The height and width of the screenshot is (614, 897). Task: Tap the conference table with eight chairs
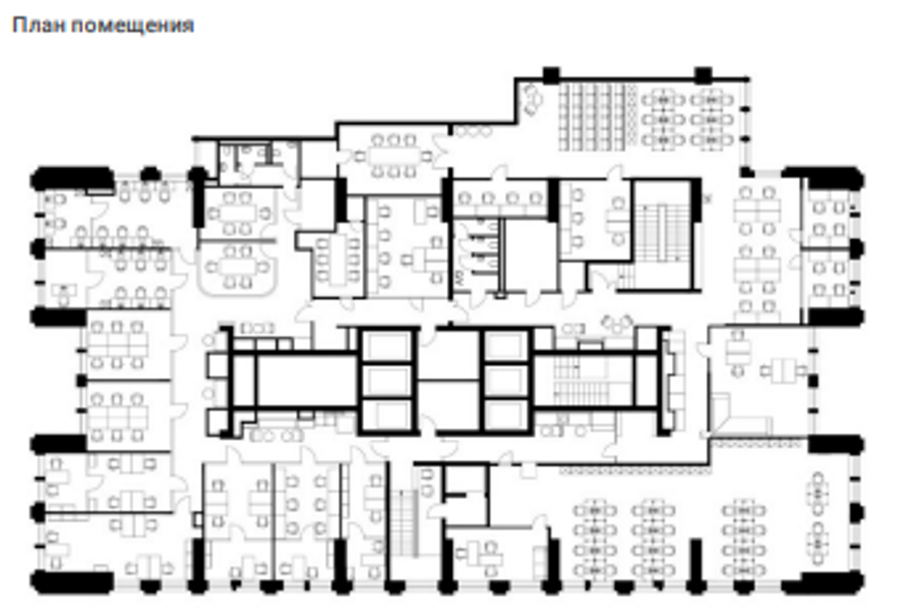[x=393, y=156]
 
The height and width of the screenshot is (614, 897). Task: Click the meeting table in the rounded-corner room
[x=238, y=267]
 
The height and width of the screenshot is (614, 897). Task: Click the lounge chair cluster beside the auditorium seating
[x=532, y=98]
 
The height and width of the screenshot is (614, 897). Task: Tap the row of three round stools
[x=473, y=131]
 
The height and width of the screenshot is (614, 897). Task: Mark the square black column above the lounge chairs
[x=550, y=75]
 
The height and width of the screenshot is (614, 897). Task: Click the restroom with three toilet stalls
[x=477, y=254]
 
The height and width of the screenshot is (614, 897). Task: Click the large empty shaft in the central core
[x=307, y=381]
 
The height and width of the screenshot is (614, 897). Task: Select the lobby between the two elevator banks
[x=450, y=380]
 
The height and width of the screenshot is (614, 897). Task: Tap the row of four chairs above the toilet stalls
[x=500, y=198]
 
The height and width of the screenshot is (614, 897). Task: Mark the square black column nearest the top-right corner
[x=703, y=75]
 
